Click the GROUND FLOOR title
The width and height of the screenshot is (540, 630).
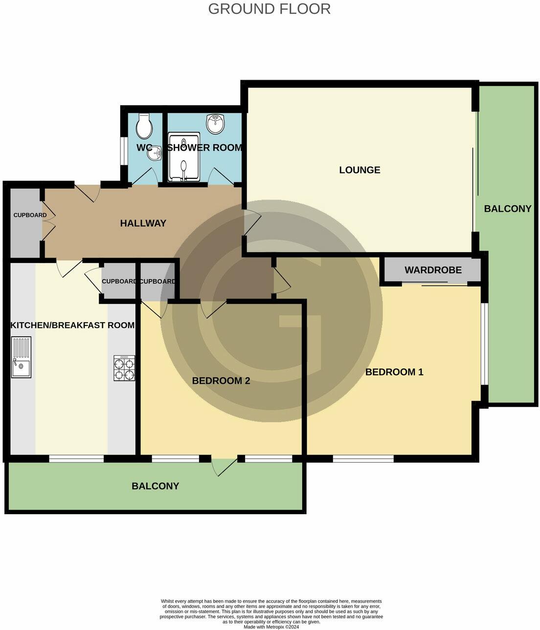(269, 9)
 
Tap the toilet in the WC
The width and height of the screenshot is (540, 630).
(144, 127)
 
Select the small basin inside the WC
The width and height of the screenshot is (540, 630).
(155, 153)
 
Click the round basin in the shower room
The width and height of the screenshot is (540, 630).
(215, 124)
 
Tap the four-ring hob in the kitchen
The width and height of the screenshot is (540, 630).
(124, 368)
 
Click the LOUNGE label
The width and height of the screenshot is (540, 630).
(360, 170)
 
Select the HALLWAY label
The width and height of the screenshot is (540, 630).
(143, 223)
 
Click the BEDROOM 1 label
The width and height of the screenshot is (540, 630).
(394, 372)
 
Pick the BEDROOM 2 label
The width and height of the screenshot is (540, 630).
(221, 381)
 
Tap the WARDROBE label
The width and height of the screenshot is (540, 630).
(433, 270)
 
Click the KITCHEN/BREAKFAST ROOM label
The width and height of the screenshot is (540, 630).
(72, 325)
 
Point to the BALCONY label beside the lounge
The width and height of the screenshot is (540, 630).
(507, 209)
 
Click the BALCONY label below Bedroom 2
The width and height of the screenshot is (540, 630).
(155, 486)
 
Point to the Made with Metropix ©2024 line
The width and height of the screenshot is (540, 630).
(271, 627)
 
